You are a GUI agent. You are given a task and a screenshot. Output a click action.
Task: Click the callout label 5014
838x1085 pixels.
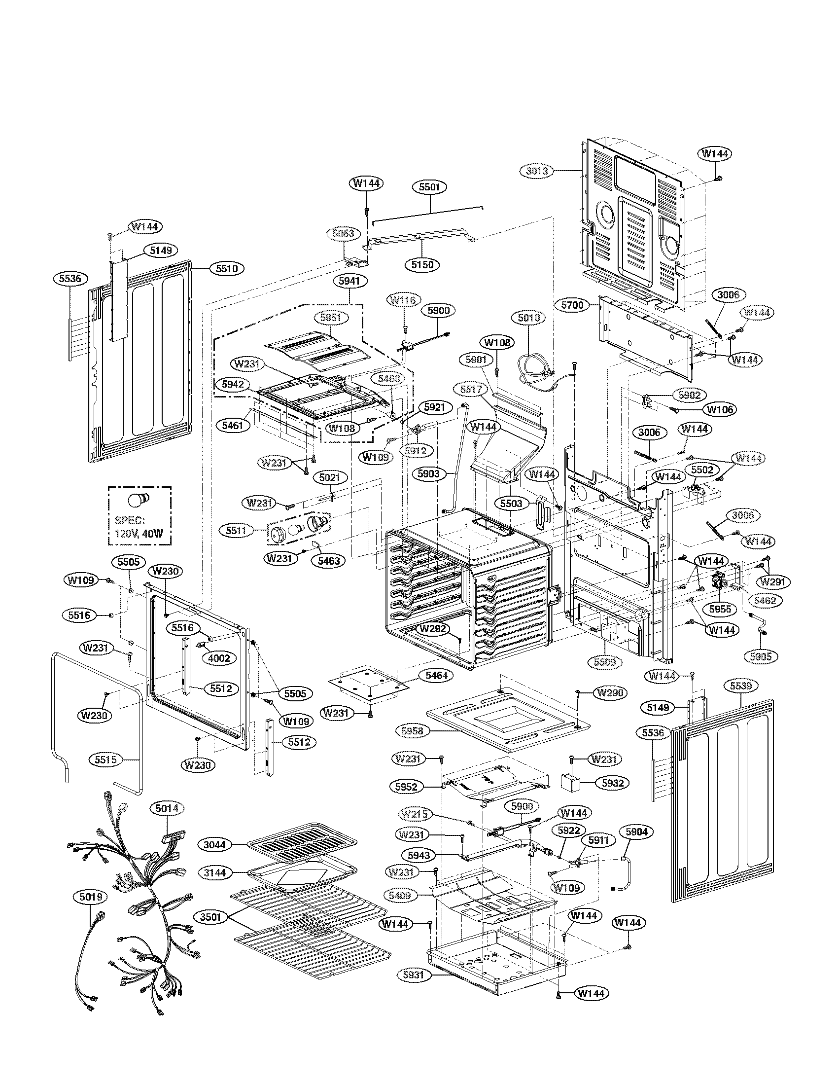tap(167, 809)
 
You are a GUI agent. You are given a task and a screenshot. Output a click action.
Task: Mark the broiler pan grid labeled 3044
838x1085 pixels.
tap(302, 847)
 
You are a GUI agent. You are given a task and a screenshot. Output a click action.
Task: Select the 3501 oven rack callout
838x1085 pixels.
tap(210, 917)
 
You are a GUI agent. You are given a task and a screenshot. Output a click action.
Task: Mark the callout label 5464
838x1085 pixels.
tap(435, 675)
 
